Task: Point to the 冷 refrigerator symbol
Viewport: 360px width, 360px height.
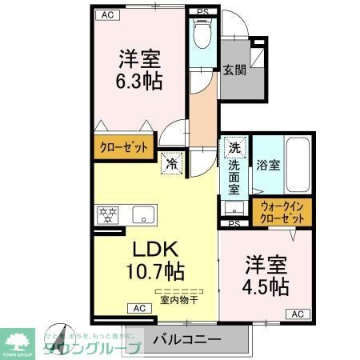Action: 172,164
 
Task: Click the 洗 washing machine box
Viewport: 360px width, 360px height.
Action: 234,148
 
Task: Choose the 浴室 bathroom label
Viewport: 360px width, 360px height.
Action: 267,166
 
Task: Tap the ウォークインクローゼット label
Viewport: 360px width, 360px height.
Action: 283,213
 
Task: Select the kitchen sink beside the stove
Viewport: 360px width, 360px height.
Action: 143,214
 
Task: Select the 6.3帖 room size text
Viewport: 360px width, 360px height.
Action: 140,81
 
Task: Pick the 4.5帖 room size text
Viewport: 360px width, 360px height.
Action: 267,287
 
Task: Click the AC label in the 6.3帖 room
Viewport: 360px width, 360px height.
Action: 106,14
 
